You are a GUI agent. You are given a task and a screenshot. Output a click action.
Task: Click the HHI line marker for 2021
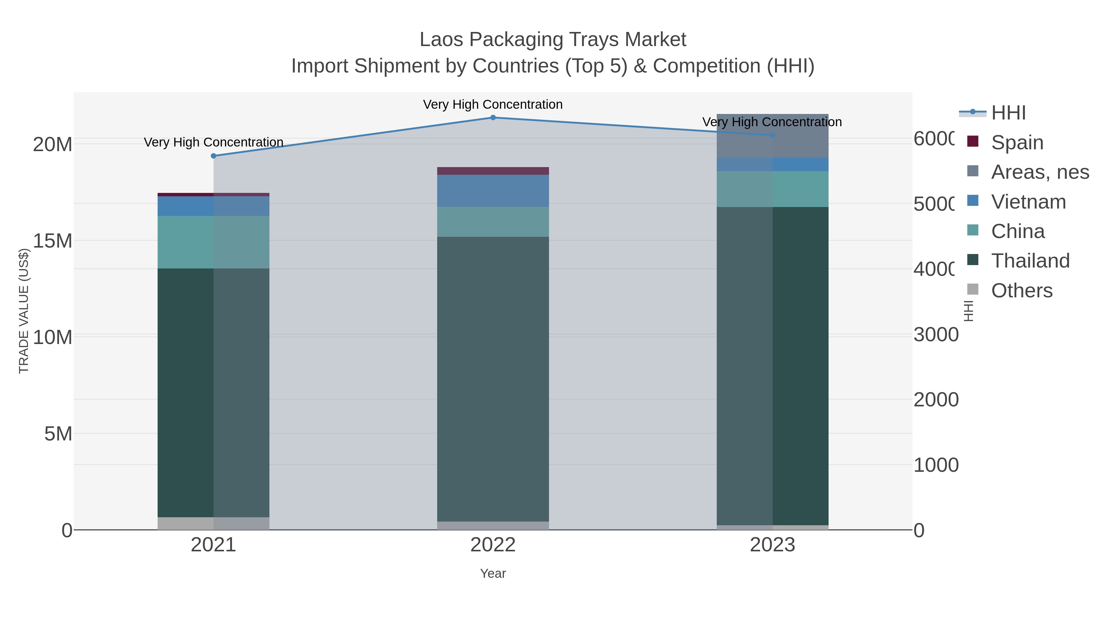point(214,156)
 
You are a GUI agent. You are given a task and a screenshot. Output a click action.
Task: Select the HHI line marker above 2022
point(493,118)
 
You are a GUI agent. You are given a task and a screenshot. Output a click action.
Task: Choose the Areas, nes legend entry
point(1039,172)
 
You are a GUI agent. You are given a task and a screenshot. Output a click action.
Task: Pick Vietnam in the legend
point(1028,202)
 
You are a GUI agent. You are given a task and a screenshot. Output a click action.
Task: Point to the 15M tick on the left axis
point(52,241)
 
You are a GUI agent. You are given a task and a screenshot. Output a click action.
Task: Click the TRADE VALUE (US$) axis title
point(24,311)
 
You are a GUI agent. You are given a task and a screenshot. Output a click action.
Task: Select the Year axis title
point(493,573)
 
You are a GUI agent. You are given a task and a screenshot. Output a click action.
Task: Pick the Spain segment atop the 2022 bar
point(493,171)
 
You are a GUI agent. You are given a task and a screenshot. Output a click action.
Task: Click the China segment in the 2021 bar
point(214,242)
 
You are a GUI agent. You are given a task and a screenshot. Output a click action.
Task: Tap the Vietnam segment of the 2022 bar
point(493,190)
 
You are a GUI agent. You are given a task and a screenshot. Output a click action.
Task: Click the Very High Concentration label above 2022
point(493,105)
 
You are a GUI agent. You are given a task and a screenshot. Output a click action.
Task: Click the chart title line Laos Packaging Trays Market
point(553,40)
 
